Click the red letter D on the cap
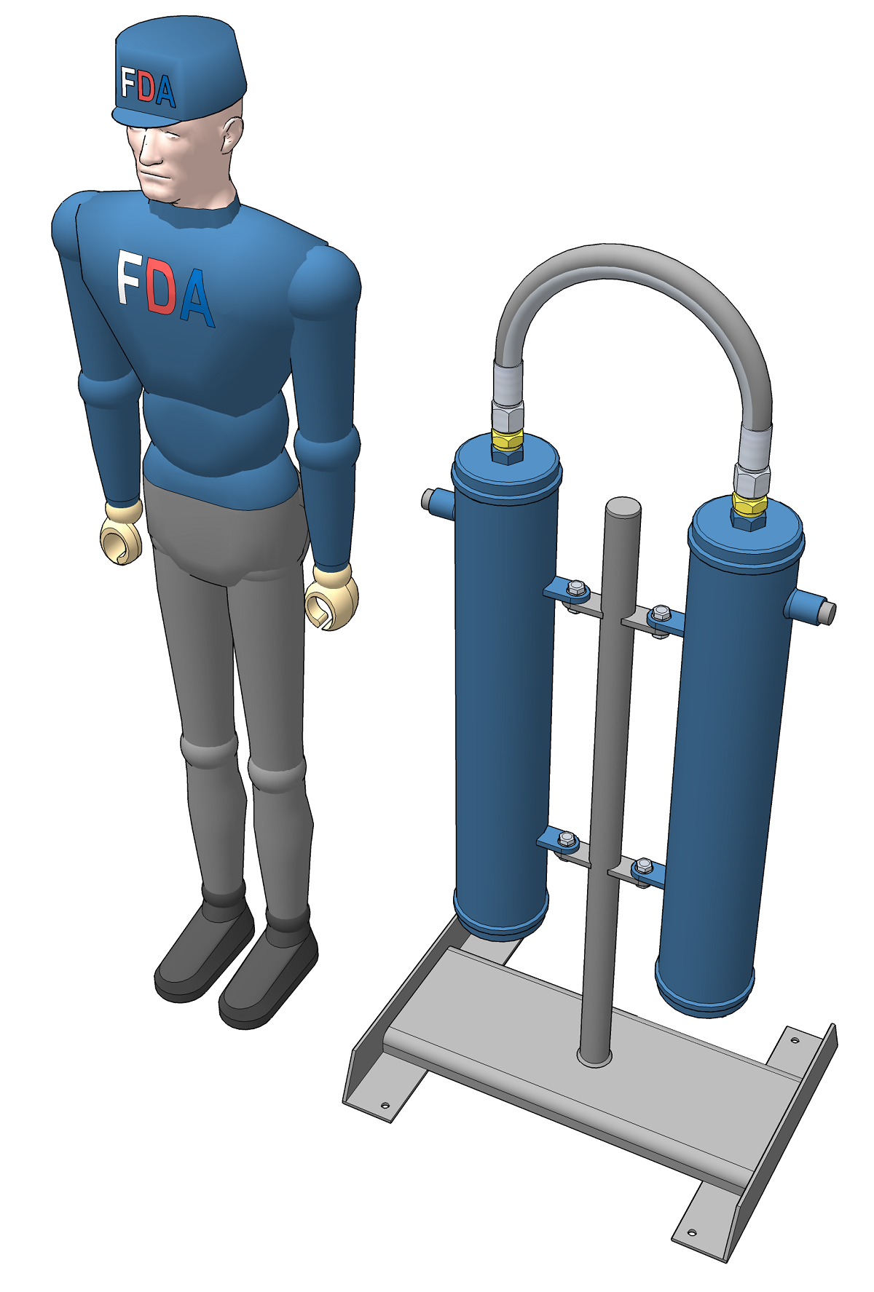coord(146,89)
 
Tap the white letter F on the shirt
coord(129,278)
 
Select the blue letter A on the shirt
coord(197,296)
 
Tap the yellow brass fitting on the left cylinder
coord(507,440)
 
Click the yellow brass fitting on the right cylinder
coord(749,504)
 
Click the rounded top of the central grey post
coord(623,507)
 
